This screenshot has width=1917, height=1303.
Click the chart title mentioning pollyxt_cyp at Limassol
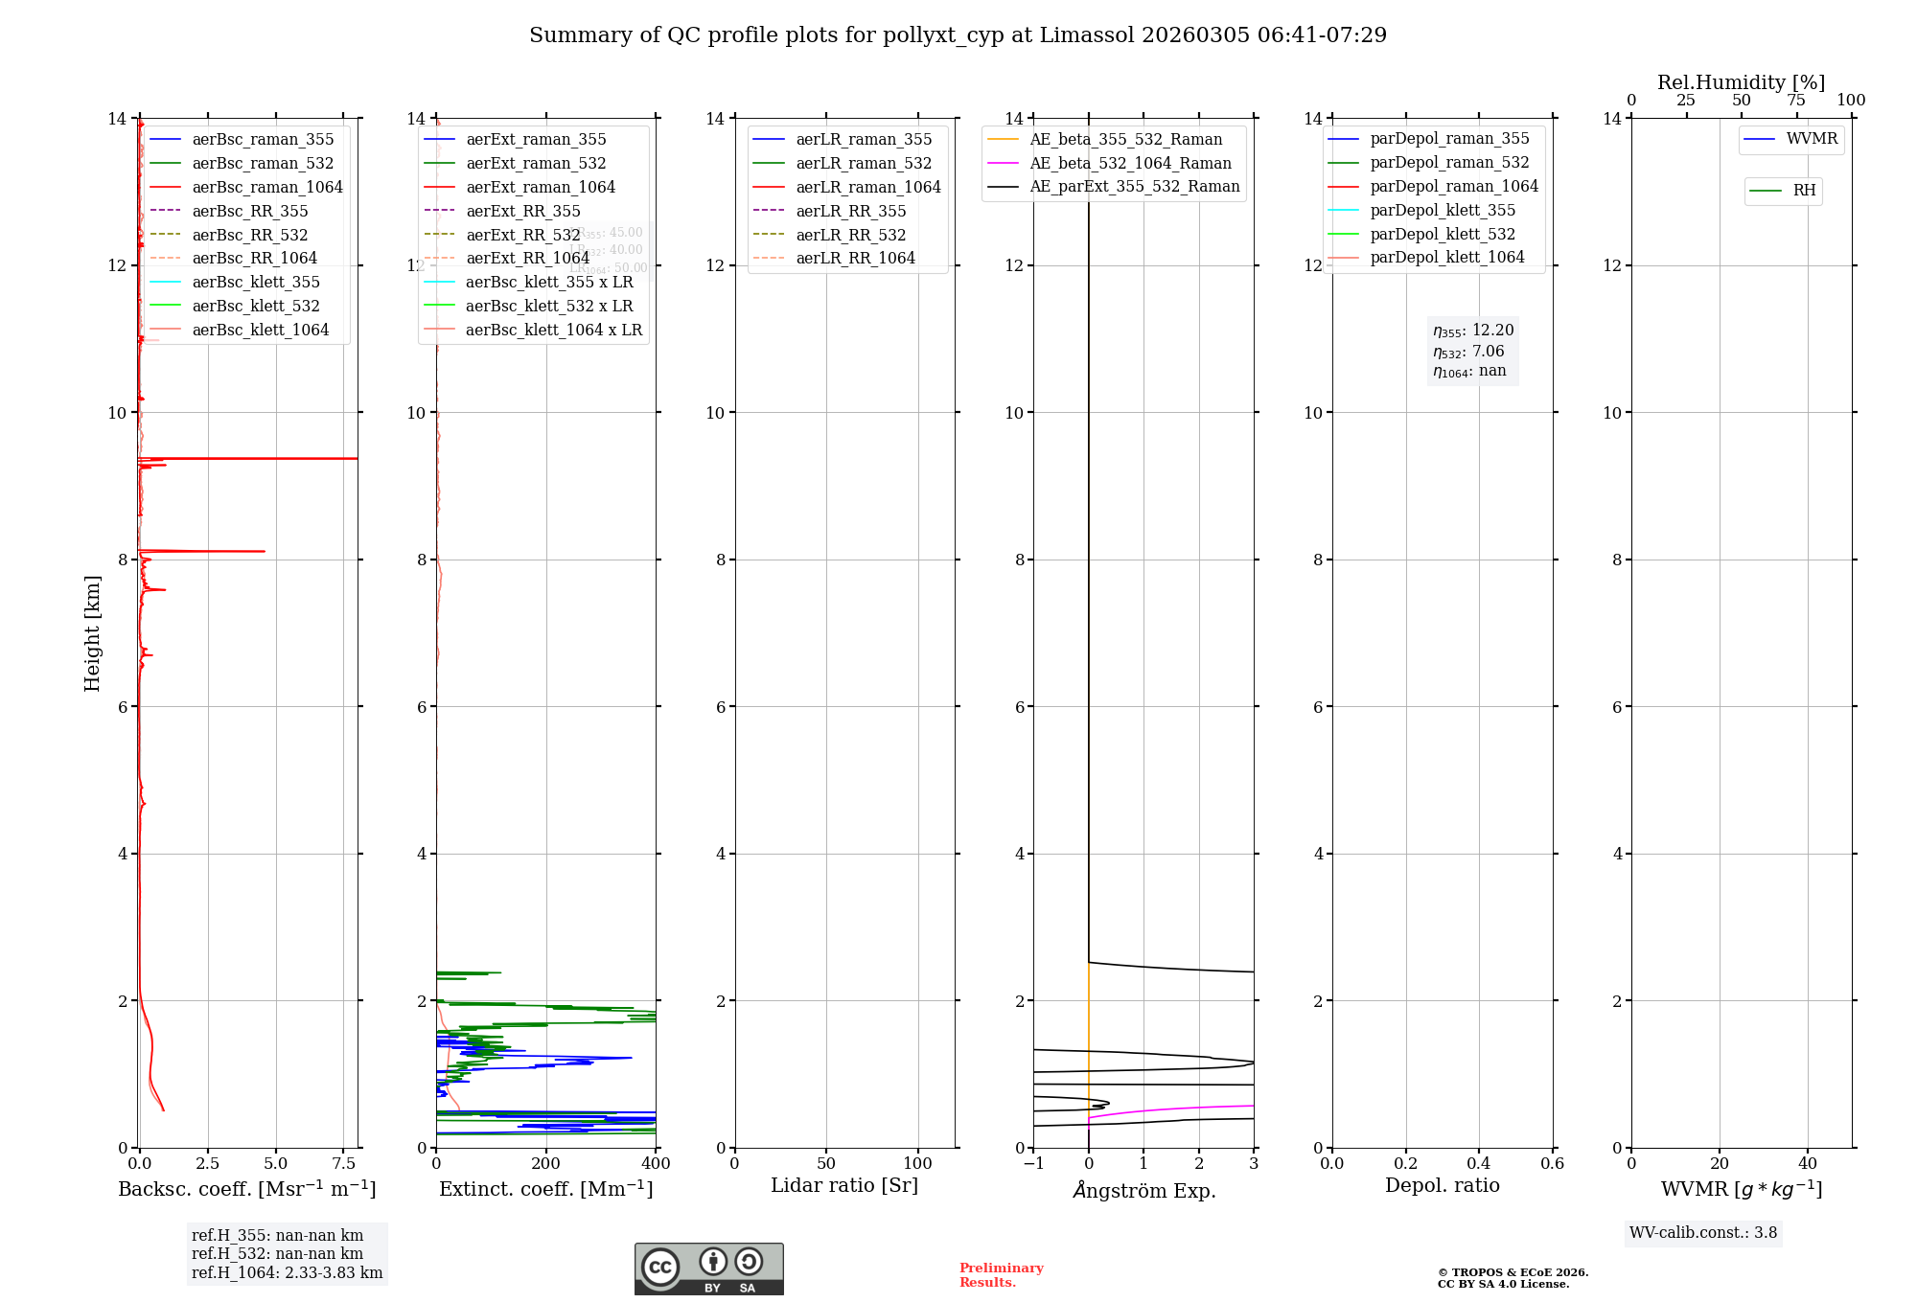point(958,35)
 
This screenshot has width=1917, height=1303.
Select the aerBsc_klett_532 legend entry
point(255,306)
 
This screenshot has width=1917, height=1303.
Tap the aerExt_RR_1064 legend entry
point(527,258)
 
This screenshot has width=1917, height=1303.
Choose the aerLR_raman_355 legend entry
point(863,139)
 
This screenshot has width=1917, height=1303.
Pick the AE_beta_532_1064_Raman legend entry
point(1130,163)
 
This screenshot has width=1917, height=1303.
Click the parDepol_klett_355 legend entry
point(1443,210)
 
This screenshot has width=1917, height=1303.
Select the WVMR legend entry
point(1812,139)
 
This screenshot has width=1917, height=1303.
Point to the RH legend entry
point(1804,191)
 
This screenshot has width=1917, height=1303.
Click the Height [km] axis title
point(92,632)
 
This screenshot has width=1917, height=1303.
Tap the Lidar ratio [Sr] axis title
point(844,1185)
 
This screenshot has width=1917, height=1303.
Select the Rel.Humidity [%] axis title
point(1741,82)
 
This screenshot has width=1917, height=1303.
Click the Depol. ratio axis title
point(1442,1185)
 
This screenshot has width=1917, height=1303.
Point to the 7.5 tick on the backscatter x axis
point(344,1164)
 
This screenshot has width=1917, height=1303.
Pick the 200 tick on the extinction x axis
point(545,1164)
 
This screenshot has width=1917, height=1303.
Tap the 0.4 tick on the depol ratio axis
point(1479,1164)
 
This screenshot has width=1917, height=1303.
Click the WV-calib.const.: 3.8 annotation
point(1702,1233)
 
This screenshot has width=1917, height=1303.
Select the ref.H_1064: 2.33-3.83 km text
point(287,1273)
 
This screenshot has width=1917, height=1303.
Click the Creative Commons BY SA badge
point(708,1269)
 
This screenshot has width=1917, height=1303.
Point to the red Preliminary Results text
point(1001,1275)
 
